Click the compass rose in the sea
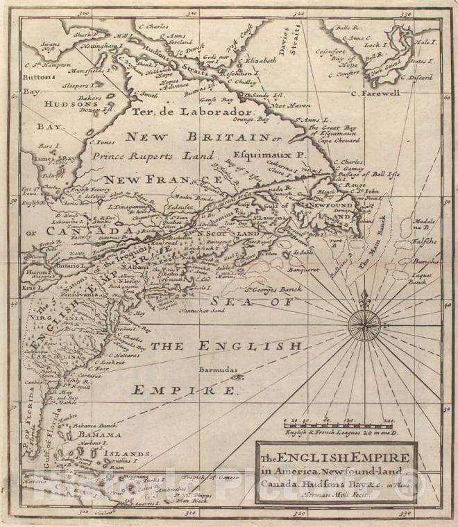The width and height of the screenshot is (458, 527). coord(364,325)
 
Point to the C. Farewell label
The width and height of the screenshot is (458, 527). coord(375,92)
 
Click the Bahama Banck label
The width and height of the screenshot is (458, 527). coord(96,424)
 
